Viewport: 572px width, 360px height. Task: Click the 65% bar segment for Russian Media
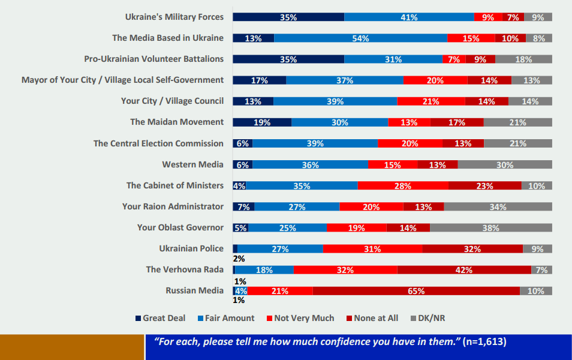pyautogui.click(x=416, y=291)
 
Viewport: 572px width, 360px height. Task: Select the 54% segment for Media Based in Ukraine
pyautogui.click(x=360, y=38)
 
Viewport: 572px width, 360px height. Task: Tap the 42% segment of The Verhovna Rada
pyautogui.click(x=463, y=270)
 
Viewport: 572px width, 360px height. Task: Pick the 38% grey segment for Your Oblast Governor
pyautogui.click(x=490, y=228)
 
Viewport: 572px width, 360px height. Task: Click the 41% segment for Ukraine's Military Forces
pyautogui.click(x=409, y=17)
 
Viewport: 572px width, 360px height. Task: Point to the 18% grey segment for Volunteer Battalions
pyautogui.click(x=523, y=59)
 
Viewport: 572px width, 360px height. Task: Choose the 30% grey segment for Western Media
pyautogui.click(x=504, y=165)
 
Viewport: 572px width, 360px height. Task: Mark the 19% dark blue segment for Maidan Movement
pyautogui.click(x=262, y=122)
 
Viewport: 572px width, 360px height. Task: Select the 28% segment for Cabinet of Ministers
pyautogui.click(x=402, y=186)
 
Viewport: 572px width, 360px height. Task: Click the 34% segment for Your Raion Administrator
pyautogui.click(x=498, y=207)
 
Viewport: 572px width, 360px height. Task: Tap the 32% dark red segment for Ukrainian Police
pyautogui.click(x=472, y=249)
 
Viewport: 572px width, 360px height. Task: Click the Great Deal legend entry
pyautogui.click(x=160, y=318)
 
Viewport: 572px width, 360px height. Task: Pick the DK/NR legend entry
pyautogui.click(x=431, y=318)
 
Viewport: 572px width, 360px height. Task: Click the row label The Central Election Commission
pyautogui.click(x=158, y=143)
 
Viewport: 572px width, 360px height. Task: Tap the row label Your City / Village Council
pyautogui.click(x=172, y=101)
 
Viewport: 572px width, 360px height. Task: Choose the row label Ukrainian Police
pyautogui.click(x=191, y=248)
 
